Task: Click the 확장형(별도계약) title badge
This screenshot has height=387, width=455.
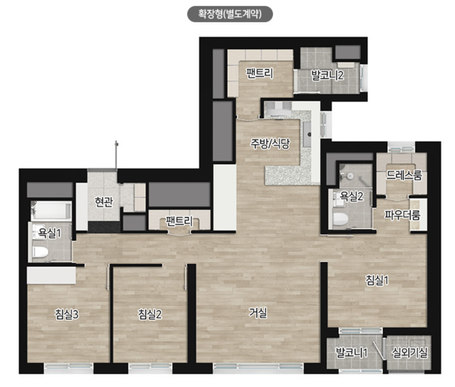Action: (230, 14)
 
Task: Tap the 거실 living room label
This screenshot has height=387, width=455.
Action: (258, 313)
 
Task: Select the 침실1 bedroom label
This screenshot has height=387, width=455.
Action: (377, 280)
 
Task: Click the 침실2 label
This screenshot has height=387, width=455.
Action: (150, 314)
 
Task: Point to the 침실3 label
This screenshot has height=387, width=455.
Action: (67, 314)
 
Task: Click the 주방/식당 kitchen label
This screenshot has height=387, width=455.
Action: (270, 143)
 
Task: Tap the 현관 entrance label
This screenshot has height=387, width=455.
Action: (103, 202)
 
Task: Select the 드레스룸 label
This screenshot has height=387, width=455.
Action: (404, 175)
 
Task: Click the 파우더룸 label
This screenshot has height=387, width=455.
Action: (402, 215)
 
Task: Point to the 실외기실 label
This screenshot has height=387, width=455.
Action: (409, 353)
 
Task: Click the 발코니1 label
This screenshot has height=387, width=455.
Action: (352, 353)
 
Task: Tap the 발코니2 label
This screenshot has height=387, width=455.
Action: (327, 75)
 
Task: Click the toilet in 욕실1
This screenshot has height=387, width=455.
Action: (40, 252)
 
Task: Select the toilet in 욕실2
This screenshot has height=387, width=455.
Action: (341, 219)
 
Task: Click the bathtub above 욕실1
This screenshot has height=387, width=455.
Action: (51, 211)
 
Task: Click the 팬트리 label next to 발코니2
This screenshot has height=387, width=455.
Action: (259, 73)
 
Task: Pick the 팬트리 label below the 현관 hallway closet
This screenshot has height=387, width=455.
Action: (179, 221)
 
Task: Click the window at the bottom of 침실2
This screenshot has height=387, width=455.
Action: (150, 367)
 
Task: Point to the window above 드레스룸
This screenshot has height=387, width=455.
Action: (401, 149)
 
